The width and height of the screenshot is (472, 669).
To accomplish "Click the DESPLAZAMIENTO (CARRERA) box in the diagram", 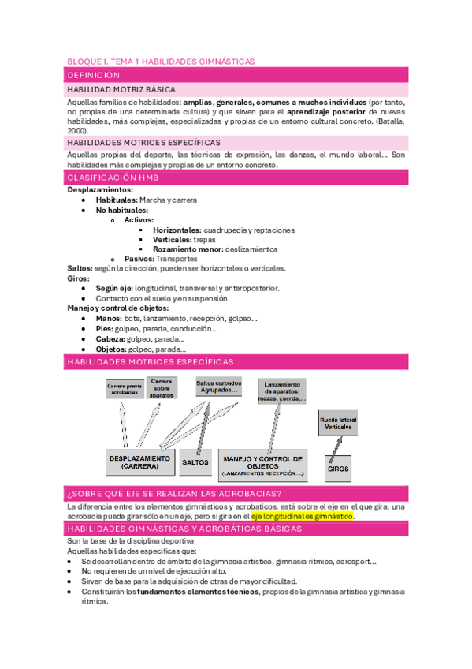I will pyautogui.click(x=139, y=462).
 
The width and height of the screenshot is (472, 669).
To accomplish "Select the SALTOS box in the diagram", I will pyautogui.click(x=195, y=462).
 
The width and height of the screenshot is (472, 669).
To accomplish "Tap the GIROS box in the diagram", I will pyautogui.click(x=337, y=469).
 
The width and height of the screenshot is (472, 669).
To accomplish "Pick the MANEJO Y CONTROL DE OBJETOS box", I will pyautogui.click(x=262, y=465).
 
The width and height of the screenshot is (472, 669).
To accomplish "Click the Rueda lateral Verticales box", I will pyautogui.click(x=338, y=422).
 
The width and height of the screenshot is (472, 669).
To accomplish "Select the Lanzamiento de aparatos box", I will pyautogui.click(x=281, y=391).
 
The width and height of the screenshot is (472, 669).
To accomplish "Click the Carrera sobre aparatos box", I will pyautogui.click(x=162, y=387).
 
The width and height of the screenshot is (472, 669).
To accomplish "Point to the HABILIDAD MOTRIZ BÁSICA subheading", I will pyautogui.click(x=121, y=90).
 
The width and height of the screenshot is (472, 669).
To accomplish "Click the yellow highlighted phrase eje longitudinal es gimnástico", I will pyautogui.click(x=303, y=516).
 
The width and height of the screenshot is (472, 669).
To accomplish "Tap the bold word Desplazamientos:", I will pyautogui.click(x=100, y=190).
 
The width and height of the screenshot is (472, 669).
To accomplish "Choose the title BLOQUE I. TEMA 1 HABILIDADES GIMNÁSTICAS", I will pyautogui.click(x=161, y=61).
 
